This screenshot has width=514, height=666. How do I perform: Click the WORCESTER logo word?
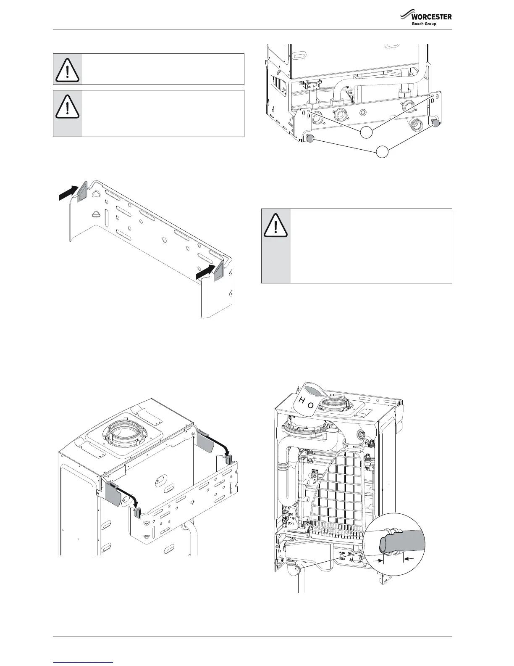pyautogui.click(x=432, y=17)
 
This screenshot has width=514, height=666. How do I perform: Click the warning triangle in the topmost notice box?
pyautogui.click(x=67, y=69)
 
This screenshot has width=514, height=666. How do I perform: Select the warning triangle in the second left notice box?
pyautogui.click(x=67, y=106)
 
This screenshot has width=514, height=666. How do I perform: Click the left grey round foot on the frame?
pyautogui.click(x=310, y=138)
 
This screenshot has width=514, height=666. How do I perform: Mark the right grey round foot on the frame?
pyautogui.click(x=435, y=123)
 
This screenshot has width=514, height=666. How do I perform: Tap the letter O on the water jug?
pyautogui.click(x=310, y=406)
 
